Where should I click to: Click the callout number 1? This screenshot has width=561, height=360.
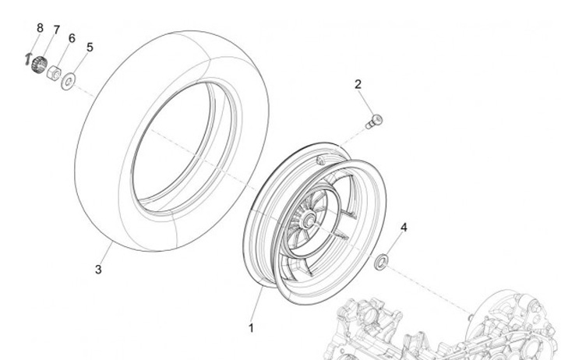pyautogui.click(x=251, y=329)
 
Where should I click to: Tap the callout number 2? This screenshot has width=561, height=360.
pyautogui.click(x=358, y=84)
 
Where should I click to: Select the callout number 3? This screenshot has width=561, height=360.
pyautogui.click(x=98, y=270)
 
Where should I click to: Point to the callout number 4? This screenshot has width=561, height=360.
pyautogui.click(x=404, y=228)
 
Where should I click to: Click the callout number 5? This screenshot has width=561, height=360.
pyautogui.click(x=90, y=48)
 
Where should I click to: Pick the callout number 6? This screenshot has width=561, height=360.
pyautogui.click(x=72, y=38)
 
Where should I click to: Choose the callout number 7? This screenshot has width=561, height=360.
pyautogui.click(x=56, y=30)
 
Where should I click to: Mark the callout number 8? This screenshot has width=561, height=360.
pyautogui.click(x=40, y=28)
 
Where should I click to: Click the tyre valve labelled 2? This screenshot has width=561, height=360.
pyautogui.click(x=376, y=120)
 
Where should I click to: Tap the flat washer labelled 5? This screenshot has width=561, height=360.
pyautogui.click(x=69, y=79)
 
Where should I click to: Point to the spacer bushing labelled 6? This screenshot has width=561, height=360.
pyautogui.click(x=55, y=73)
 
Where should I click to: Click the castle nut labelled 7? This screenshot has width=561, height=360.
pyautogui.click(x=38, y=65)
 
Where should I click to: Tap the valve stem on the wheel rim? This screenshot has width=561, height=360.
pyautogui.click(x=320, y=159)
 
